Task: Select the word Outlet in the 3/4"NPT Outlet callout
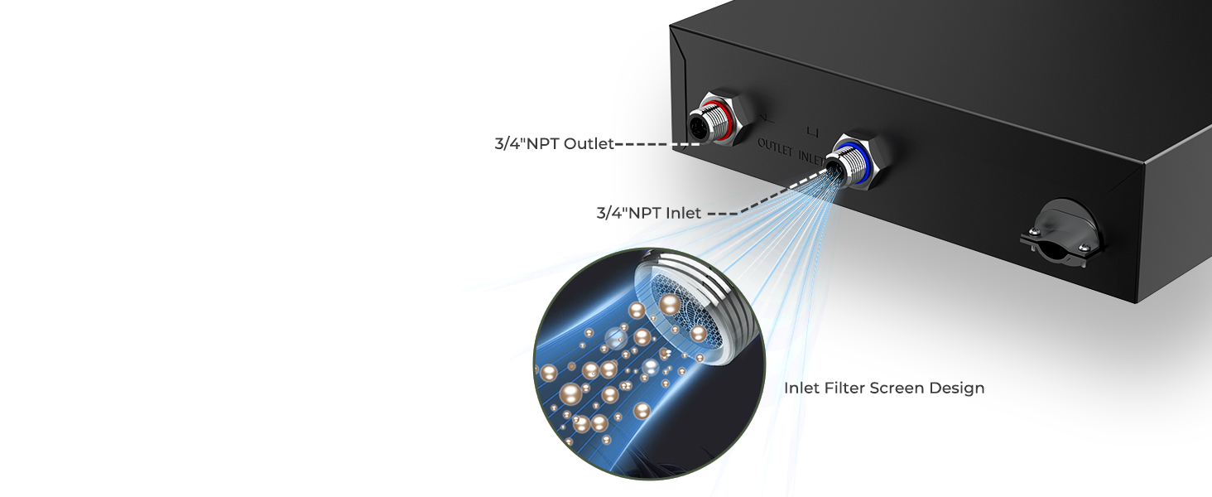coord(589,144)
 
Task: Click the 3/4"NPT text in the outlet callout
coord(527,144)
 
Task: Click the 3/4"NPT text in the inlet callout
coord(627,213)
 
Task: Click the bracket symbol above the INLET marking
coord(813,131)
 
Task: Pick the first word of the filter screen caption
coord(801,388)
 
